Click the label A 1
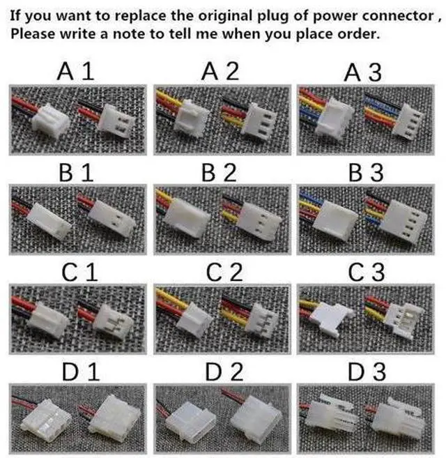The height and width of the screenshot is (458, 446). point(76,71)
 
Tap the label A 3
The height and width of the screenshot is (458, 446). point(363,72)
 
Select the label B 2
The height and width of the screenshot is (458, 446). point(219,173)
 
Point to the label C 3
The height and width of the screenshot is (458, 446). point(367,273)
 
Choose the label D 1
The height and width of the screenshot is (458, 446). point(81,372)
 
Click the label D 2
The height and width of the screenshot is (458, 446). point(224,372)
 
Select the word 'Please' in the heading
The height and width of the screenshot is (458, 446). point(33,34)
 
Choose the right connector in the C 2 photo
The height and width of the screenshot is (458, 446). point(262,321)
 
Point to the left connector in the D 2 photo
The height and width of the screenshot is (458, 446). point(191,424)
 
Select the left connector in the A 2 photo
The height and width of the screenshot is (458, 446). point(193,118)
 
